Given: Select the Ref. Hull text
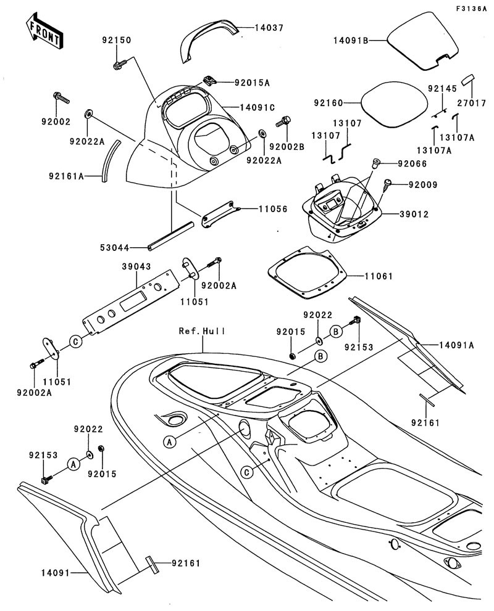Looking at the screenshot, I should tap(202, 331).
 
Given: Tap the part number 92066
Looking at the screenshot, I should tap(395, 163).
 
